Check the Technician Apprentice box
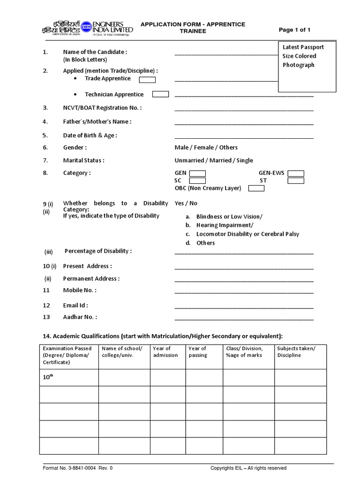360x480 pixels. coord(161,94)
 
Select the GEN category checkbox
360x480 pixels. coord(197,173)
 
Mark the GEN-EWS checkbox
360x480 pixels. coord(296,173)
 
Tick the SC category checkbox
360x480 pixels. coord(197,180)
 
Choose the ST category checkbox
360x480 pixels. coord(296,180)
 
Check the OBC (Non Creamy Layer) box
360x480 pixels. coord(256,188)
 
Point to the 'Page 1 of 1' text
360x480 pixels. coord(294,30)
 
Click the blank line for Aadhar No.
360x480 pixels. coord(244,319)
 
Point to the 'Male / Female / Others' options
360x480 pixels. coord(206,147)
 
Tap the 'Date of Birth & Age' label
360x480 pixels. coord(90,135)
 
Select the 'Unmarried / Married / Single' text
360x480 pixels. coord(213,160)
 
